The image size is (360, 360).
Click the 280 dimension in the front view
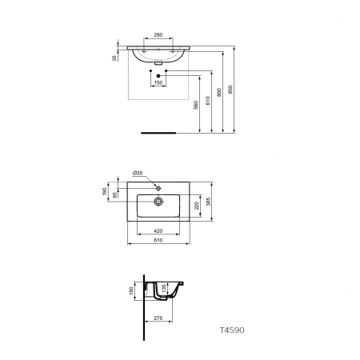158,35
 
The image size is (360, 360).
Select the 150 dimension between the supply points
158,82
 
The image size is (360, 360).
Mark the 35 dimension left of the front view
114,58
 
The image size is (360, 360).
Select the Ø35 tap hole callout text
138,173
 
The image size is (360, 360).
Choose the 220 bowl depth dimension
198,206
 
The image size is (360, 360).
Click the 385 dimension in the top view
210,202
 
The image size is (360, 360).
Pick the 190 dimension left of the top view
104,191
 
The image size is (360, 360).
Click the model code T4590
232,328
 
